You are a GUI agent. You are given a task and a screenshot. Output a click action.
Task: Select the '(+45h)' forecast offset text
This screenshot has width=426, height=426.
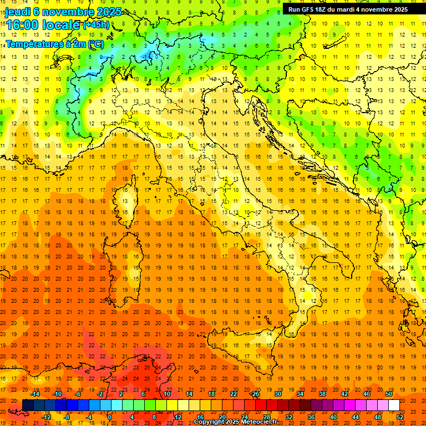click(x=95, y=24)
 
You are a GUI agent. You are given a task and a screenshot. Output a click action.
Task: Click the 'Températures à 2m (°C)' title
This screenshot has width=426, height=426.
click(x=54, y=43)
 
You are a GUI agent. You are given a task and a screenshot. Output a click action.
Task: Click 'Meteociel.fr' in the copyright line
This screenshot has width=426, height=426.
click(x=261, y=422)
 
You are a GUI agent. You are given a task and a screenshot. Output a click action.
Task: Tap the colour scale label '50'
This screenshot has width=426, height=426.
click(x=388, y=394)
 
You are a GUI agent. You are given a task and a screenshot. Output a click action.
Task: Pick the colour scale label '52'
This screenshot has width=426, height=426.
click(x=400, y=417)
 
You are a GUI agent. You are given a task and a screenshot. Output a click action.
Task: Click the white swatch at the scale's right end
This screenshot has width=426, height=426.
click(x=394, y=405)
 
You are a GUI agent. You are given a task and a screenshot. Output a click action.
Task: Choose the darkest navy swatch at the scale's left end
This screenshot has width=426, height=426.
click(x=28, y=405)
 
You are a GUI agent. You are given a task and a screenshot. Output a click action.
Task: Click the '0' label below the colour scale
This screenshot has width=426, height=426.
click(x=110, y=417)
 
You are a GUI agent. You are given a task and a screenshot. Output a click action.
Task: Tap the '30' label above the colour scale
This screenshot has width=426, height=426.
click(x=277, y=394)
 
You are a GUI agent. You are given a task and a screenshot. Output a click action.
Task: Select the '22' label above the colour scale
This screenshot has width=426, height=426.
click(x=233, y=394)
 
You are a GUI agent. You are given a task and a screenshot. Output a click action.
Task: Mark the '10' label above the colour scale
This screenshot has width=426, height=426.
click(x=166, y=394)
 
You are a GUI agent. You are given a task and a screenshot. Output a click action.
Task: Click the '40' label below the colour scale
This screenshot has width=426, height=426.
click(x=333, y=417)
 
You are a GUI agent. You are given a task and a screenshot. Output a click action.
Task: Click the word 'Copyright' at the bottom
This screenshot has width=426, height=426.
click(x=210, y=422)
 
